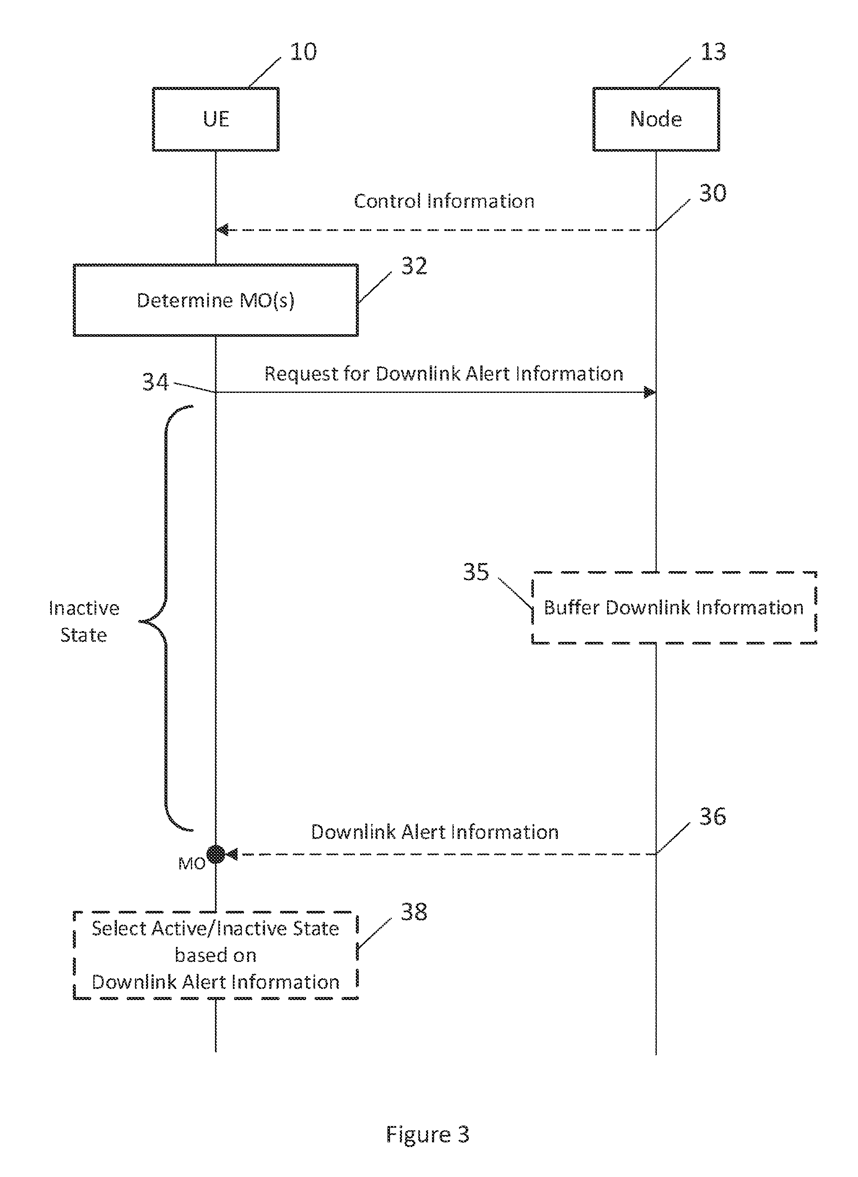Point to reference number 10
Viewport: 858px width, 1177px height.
(x=303, y=52)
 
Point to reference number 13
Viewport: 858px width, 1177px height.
(x=713, y=52)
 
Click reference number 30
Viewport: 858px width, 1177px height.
(x=712, y=193)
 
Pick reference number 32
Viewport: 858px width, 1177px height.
(x=414, y=266)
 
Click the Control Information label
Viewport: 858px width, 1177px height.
(x=444, y=201)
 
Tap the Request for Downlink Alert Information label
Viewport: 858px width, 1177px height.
(x=444, y=374)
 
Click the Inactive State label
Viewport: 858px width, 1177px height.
(x=83, y=622)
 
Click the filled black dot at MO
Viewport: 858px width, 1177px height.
(x=215, y=854)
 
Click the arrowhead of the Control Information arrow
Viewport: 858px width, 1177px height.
(x=223, y=230)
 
